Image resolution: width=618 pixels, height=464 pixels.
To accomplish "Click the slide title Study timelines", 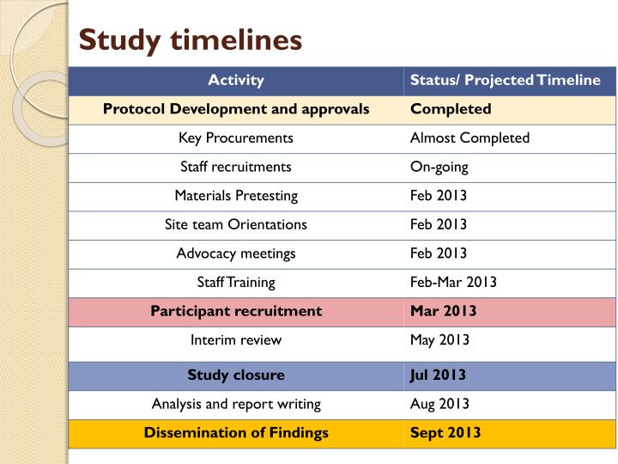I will [x=190, y=40].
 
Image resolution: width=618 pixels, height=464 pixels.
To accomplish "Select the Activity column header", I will [x=236, y=81].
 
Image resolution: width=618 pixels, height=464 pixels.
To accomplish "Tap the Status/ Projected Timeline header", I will [x=505, y=81].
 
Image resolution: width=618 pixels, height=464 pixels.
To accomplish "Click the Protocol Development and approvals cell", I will [x=236, y=109].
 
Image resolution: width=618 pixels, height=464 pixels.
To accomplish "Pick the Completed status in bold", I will [x=451, y=109].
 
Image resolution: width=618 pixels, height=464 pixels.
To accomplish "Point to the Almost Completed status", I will [x=470, y=137].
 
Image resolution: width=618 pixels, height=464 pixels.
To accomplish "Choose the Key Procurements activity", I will [x=236, y=137].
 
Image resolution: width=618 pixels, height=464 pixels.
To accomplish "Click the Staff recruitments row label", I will [x=236, y=167].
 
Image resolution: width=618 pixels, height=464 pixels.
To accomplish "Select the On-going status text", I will [x=439, y=167].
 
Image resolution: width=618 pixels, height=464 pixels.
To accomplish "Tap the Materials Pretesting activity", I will [x=236, y=195].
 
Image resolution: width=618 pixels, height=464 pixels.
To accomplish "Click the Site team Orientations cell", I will [x=236, y=224].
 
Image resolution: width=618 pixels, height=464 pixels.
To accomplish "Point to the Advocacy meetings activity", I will [x=236, y=253].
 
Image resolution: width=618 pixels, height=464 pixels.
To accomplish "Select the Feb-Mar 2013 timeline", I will [x=453, y=282].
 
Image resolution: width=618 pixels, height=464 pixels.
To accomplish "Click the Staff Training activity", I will [x=236, y=282].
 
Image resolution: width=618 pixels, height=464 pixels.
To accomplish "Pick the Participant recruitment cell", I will [x=236, y=311].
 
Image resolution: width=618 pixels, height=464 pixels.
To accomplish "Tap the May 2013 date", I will [x=439, y=339].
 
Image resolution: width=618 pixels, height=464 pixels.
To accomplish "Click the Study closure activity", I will [x=236, y=375].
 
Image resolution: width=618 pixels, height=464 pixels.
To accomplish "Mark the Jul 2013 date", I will [x=437, y=375].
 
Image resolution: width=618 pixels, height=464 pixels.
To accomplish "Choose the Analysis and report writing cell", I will [x=236, y=404].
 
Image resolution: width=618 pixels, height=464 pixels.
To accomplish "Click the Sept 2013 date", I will [x=445, y=433].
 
